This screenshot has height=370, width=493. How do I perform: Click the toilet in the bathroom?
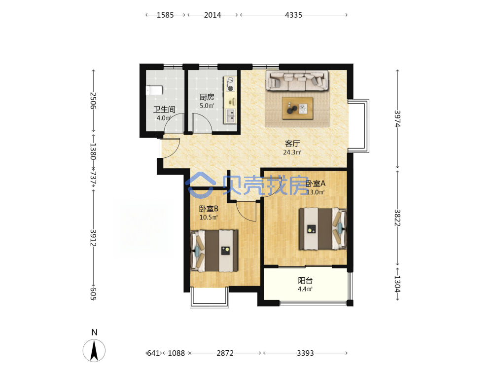tap(154, 90)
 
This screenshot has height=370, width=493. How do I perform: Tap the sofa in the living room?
tap(297, 80)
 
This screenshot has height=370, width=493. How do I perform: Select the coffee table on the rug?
tap(297, 108)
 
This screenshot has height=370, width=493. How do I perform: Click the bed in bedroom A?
tap(322, 229)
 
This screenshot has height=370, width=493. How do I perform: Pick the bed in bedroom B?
tap(214, 251)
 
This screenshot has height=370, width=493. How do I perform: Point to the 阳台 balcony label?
tap(305, 280)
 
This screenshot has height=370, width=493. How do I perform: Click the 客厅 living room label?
tap(292, 144)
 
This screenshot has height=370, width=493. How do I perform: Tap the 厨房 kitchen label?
tap(207, 97)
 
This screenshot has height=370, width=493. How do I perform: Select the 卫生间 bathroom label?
tap(164, 110)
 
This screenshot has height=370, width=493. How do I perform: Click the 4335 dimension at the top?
tap(293, 15)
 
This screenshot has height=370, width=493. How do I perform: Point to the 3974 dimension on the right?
tap(397, 118)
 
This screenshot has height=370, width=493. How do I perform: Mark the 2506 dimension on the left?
tap(93, 100)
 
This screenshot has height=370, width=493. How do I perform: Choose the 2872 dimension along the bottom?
tap(225, 353)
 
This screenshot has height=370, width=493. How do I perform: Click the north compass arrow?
tap(94, 350)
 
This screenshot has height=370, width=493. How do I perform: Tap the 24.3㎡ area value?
tap(292, 152)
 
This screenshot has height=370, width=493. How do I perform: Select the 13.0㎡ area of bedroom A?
tap(316, 192)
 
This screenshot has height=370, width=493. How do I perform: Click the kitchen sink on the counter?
tap(230, 116)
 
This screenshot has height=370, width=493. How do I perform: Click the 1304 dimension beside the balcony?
tap(397, 284)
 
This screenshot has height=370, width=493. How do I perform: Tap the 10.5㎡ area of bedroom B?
tap(209, 217)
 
